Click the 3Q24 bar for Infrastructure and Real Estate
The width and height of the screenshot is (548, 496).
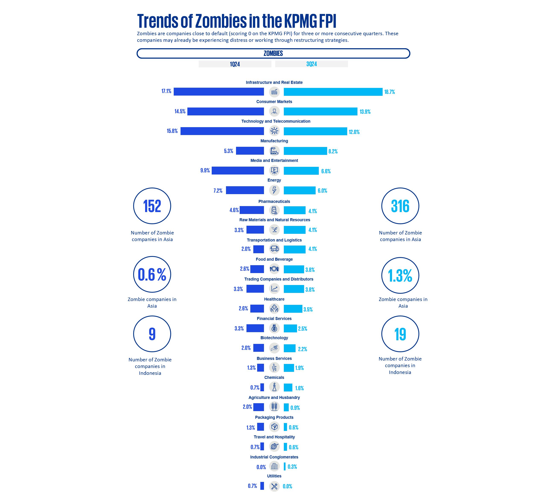(333, 92)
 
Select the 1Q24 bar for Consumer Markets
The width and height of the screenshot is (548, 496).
(225, 111)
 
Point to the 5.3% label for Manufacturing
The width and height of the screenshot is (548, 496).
(228, 151)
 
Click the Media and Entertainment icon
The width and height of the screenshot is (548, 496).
(274, 171)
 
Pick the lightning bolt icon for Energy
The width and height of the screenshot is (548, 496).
(274, 190)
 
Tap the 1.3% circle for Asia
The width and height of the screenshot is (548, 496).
(400, 275)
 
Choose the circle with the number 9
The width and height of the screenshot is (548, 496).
(152, 334)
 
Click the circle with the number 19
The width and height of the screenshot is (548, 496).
(400, 334)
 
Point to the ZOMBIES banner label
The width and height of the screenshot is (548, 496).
(273, 54)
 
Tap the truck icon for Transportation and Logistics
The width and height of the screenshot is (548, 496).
(274, 248)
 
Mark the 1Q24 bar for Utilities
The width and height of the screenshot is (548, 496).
(262, 486)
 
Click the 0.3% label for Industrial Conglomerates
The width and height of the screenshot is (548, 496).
(292, 467)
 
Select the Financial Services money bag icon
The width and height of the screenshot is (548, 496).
(274, 328)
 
